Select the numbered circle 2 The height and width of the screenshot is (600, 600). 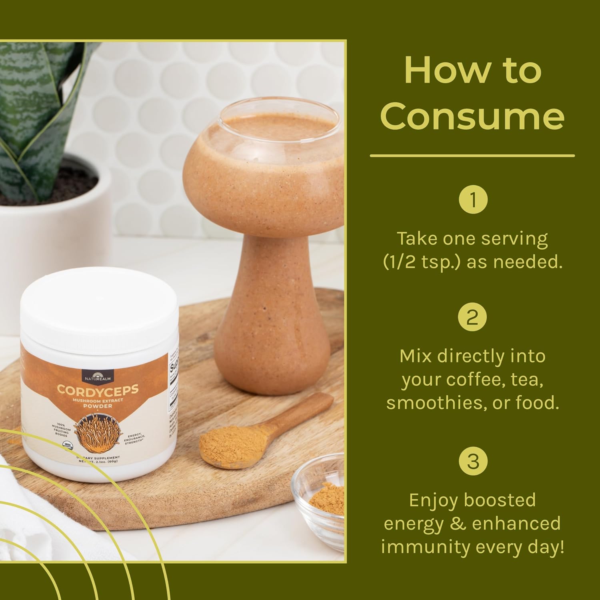(472, 318)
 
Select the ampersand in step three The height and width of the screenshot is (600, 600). (458, 524)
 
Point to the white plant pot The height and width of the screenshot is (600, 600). (52, 224)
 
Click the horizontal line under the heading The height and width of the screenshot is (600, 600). (472, 155)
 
